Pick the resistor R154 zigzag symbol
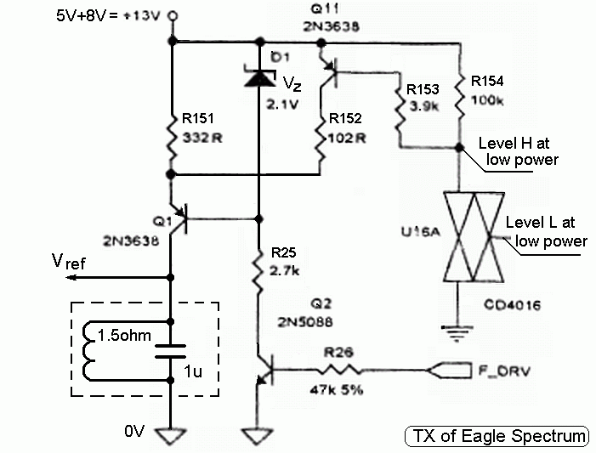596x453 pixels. tap(459, 100)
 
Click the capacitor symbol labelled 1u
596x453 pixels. tap(173, 349)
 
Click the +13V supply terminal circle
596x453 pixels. tap(173, 15)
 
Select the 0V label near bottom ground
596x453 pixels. tap(135, 432)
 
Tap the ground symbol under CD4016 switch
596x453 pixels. tap(459, 329)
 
